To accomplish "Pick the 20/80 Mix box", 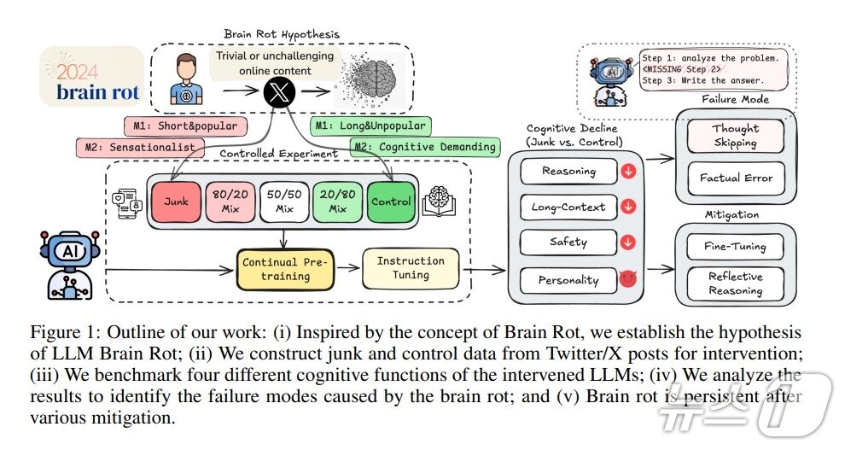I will coord(337,202).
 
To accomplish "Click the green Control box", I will coord(391,202).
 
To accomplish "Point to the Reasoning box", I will coord(568,172).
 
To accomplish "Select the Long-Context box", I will coord(568,207).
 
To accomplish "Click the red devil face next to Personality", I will coord(628,278).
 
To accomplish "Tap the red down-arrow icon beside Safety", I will coord(628,243).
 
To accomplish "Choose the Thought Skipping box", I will coord(735,136).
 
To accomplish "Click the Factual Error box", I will coord(735,178).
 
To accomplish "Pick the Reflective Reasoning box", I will coord(735,283).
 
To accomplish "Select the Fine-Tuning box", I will coord(735,247).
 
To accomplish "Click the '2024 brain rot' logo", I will coord(92,81).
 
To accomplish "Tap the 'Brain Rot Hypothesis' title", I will coord(282,34).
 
